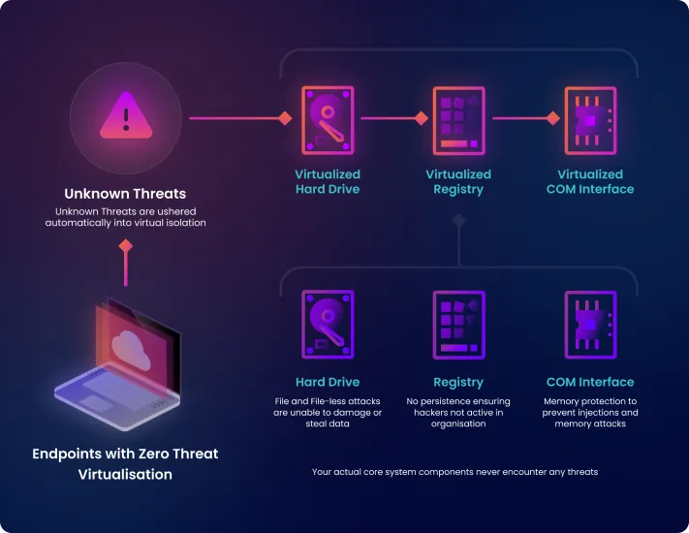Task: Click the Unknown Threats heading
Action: pyautogui.click(x=125, y=193)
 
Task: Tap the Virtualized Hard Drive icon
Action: pyautogui.click(x=328, y=121)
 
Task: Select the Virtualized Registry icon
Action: pyautogui.click(x=458, y=121)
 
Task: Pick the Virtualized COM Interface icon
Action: pyautogui.click(x=589, y=121)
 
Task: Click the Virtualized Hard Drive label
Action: pyautogui.click(x=328, y=181)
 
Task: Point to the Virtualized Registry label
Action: pyautogui.click(x=458, y=181)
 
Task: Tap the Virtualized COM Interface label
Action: pyautogui.click(x=589, y=181)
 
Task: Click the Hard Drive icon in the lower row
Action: pyautogui.click(x=328, y=325)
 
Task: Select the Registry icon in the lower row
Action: pyautogui.click(x=458, y=325)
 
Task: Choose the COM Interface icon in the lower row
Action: pyautogui.click(x=589, y=325)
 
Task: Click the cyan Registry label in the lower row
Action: pyautogui.click(x=458, y=382)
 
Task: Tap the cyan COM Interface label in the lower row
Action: pyautogui.click(x=589, y=382)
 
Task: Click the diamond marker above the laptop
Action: pyautogui.click(x=125, y=246)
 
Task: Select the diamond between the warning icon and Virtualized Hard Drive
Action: pyautogui.click(x=285, y=118)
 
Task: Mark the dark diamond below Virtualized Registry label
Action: pyautogui.click(x=458, y=221)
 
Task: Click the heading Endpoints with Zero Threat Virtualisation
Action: pyautogui.click(x=125, y=463)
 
